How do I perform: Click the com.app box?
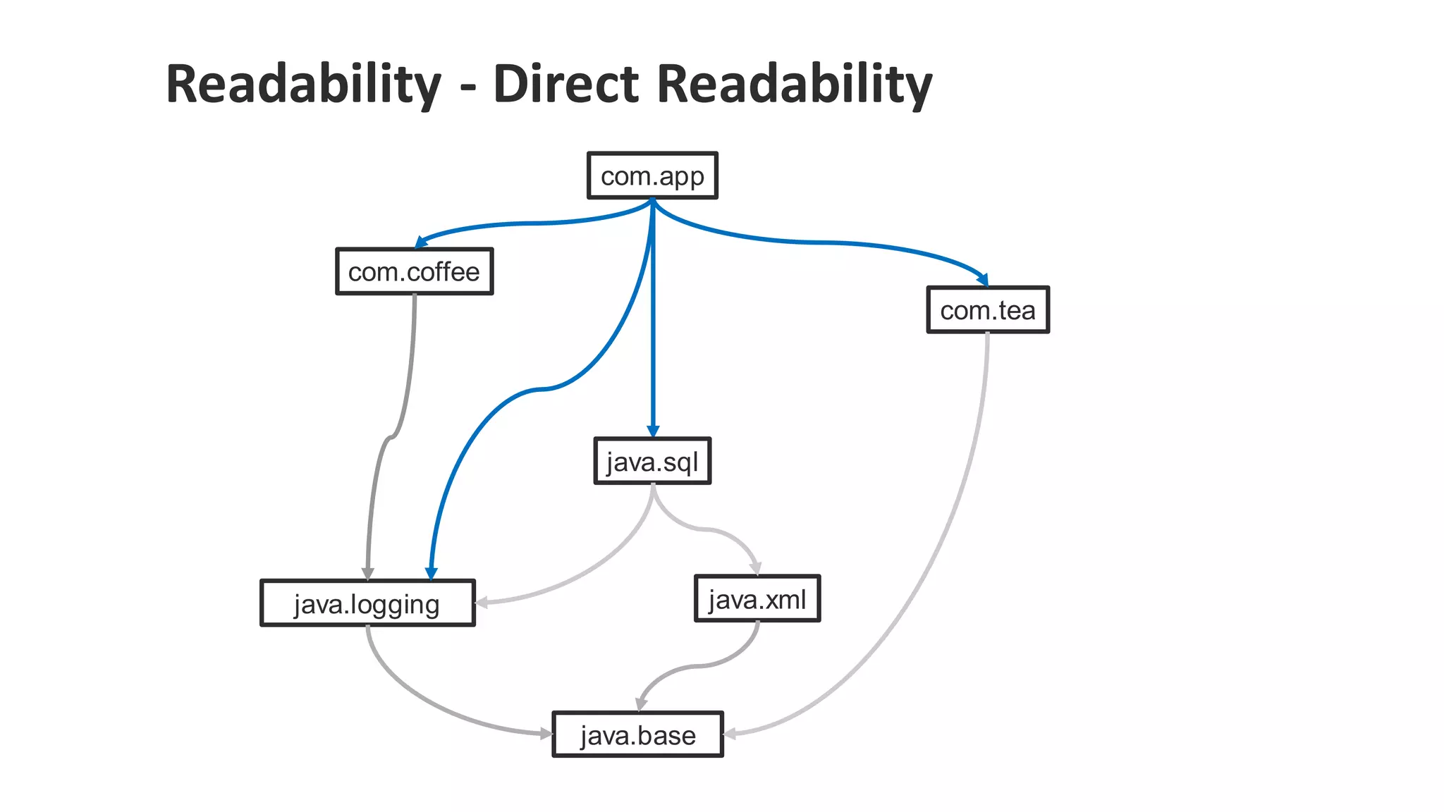(652, 176)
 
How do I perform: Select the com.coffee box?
(414, 271)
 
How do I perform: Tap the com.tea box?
(987, 310)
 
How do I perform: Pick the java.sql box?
(652, 462)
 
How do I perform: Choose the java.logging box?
(367, 603)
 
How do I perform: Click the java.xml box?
(757, 599)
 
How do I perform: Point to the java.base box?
(637, 734)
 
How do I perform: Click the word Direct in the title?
(566, 84)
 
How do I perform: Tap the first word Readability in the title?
(303, 84)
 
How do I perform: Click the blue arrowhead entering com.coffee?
(421, 242)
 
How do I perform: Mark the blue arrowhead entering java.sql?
(653, 431)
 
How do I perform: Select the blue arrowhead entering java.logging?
(432, 573)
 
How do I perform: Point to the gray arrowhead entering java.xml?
(756, 568)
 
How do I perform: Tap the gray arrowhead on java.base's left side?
(546, 734)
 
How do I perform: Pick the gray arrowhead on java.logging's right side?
(482, 602)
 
